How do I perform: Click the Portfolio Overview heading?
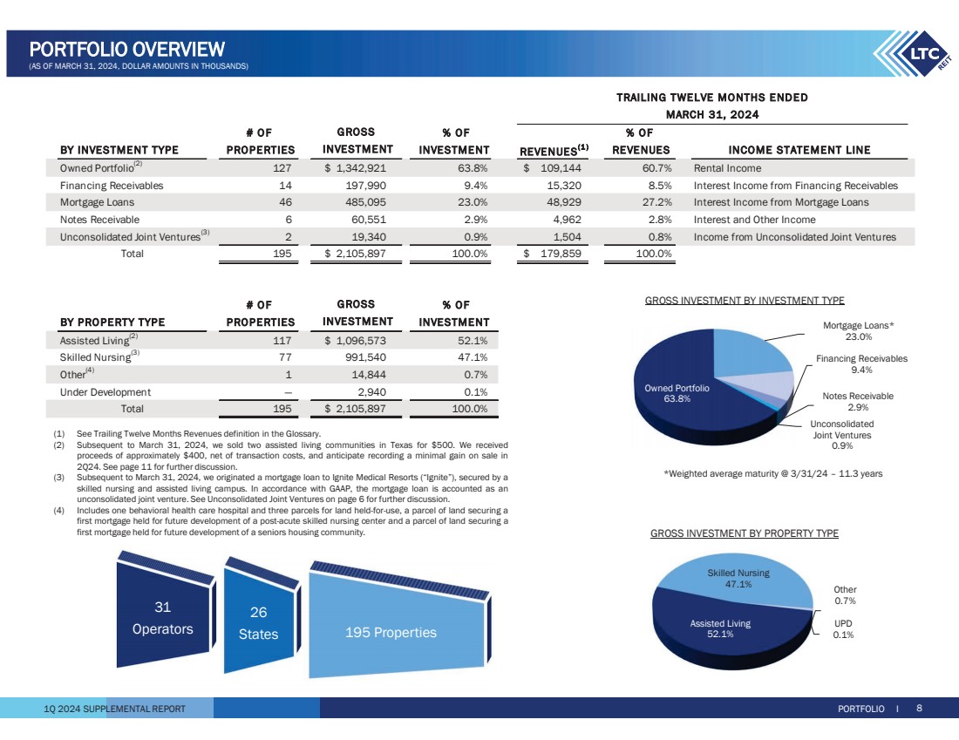(x=127, y=50)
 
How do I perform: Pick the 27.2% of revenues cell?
(x=650, y=202)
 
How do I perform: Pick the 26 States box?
(x=258, y=623)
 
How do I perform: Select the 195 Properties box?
(x=390, y=632)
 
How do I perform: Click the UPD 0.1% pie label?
(x=843, y=629)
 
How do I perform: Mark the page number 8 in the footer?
(x=919, y=709)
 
